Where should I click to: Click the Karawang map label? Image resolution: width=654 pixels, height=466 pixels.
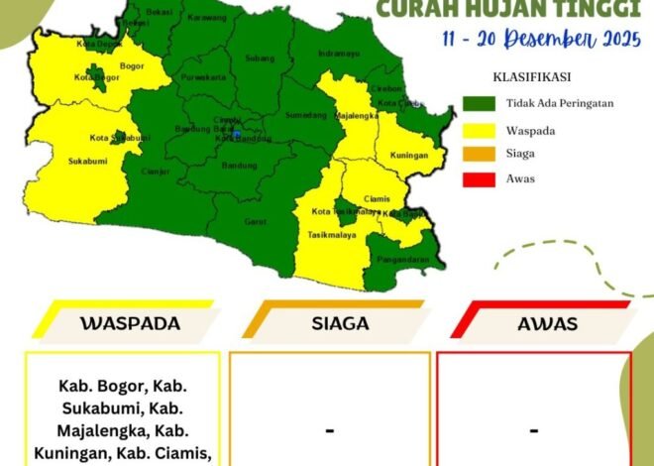point(207,18)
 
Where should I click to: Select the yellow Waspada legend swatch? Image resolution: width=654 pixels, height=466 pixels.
point(478,129)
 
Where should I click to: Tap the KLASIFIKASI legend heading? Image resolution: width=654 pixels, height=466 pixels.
point(531,76)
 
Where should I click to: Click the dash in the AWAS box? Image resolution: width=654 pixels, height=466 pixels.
point(533,430)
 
